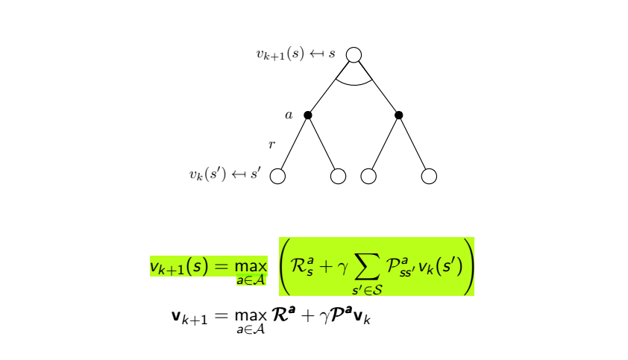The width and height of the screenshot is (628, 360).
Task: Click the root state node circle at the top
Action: coord(354,55)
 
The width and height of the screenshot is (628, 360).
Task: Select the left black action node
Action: coord(308,115)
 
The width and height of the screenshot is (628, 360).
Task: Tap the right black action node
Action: coord(399,115)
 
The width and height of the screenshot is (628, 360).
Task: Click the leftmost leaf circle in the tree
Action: coord(277,176)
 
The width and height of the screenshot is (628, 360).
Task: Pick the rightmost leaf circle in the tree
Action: coord(429,176)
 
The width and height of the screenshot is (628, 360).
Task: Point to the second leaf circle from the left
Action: coord(338,176)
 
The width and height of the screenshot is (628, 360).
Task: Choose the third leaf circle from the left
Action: coord(368,176)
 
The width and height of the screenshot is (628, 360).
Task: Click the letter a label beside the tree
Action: coord(289,116)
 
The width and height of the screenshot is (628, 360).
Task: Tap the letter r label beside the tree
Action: coord(271,144)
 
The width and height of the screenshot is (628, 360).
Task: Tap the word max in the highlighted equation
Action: coord(251,266)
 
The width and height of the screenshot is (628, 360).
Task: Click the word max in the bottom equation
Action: coord(251,316)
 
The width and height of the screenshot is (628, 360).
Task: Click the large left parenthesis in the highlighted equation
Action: coord(288,266)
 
